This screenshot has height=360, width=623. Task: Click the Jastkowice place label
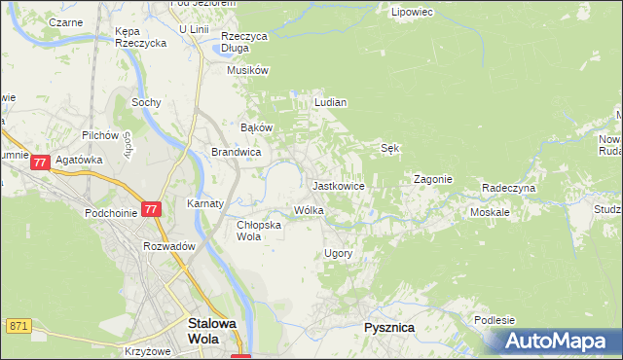tap(338, 185)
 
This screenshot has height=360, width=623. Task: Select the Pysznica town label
tap(388, 328)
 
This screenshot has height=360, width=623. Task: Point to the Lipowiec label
tap(411, 13)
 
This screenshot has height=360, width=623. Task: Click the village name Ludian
tap(331, 101)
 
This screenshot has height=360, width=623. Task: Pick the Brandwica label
tap(236, 152)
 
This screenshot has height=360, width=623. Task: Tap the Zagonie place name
tap(433, 179)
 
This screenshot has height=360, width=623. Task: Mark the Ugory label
tap(337, 253)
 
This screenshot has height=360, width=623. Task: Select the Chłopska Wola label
tap(260, 230)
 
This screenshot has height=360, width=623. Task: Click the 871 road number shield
tap(17, 326)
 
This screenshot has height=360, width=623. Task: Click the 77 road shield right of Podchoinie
tap(150, 209)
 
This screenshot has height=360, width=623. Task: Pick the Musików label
tap(246, 70)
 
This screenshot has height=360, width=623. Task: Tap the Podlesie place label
tap(495, 319)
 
